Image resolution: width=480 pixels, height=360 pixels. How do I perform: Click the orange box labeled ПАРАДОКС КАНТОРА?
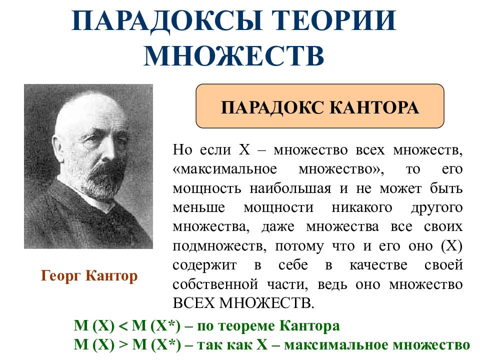pos(320,106)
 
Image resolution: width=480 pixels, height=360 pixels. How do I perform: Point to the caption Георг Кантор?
pos(89,276)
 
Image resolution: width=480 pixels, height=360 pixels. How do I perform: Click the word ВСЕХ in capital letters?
pos(192,302)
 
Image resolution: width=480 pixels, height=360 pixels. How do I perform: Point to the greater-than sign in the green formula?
pos(123,344)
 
